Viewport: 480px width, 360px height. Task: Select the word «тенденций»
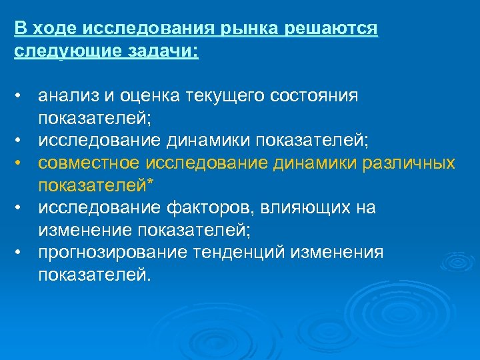[215, 253]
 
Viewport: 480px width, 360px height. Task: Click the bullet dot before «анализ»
[21, 96]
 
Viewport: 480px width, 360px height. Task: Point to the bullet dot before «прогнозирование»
[21, 252]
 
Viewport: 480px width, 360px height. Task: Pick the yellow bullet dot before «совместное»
[21, 163]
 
